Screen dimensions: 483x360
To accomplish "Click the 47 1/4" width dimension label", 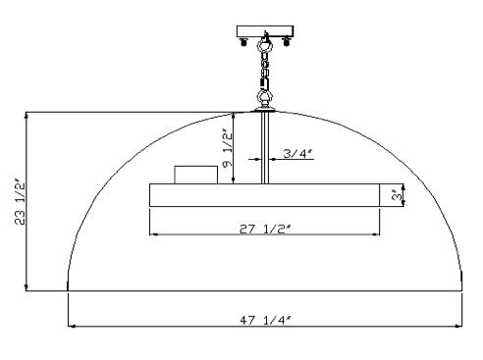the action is tap(265, 320).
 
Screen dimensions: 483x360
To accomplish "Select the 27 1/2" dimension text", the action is tap(265, 230).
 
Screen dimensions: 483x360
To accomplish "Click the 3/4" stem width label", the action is tap(297, 153).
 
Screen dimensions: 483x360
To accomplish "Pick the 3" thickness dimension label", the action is tap(397, 195).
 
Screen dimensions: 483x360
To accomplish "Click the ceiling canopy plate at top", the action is tap(265, 31).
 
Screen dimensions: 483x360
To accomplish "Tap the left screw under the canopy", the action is tap(243, 42).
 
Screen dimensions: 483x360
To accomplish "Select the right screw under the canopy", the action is tap(287, 42).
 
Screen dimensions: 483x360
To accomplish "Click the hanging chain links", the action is tap(264, 71).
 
